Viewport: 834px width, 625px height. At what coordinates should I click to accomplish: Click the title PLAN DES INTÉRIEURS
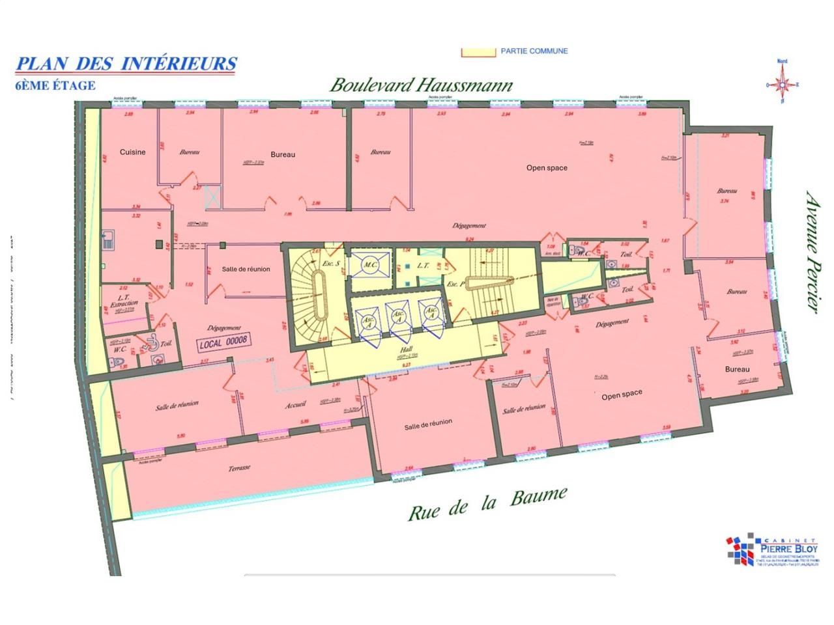(126, 64)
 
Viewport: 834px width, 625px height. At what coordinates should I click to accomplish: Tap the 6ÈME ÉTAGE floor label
(55, 85)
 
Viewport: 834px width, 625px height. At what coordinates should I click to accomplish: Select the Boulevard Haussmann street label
(421, 85)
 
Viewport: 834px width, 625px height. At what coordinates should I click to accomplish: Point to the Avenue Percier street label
(811, 251)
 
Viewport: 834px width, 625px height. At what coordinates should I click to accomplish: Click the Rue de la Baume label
(487, 503)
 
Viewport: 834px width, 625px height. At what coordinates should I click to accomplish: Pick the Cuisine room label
(132, 152)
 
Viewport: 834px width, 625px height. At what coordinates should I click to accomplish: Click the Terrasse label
(240, 467)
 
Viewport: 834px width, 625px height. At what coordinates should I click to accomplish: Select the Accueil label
(295, 405)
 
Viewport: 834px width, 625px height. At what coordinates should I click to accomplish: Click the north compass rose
(782, 84)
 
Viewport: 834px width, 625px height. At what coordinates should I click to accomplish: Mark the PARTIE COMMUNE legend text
(534, 51)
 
